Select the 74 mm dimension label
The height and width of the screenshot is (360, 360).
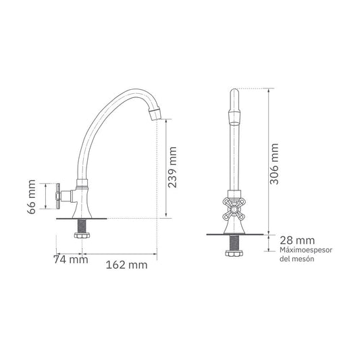(71, 259)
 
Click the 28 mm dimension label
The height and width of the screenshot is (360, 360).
(297, 240)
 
